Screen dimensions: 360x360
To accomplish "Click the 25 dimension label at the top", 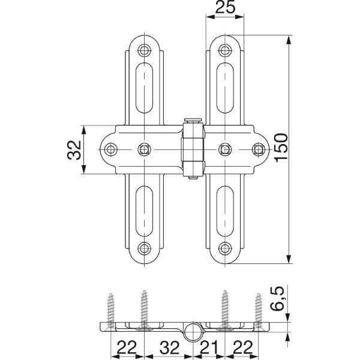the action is [x=225, y=7].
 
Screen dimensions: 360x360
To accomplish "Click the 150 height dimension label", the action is [x=281, y=148].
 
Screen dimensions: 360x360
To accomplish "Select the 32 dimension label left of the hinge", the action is [x=74, y=150].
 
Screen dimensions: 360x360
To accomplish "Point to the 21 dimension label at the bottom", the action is [x=209, y=347].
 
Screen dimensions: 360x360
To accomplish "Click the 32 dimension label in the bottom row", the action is [x=169, y=347].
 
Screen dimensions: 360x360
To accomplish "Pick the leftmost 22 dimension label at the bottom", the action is [x=127, y=347].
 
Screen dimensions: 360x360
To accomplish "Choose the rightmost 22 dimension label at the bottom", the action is [x=242, y=347].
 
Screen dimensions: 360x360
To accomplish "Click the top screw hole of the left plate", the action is [x=144, y=50].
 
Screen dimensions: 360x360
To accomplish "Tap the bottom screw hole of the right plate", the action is [x=225, y=248].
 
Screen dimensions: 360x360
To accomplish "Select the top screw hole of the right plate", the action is [x=225, y=50].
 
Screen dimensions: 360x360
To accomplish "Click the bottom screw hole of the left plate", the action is [x=144, y=248].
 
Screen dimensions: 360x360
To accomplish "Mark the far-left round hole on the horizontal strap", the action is [x=111, y=149].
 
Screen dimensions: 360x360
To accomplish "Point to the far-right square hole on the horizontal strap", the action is [x=259, y=149].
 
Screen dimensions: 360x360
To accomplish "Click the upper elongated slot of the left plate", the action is [x=144, y=88].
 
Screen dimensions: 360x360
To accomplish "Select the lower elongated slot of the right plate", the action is [x=225, y=211].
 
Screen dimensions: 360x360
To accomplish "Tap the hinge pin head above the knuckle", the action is [x=193, y=121].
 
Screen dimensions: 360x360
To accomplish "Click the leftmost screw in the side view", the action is [x=111, y=310].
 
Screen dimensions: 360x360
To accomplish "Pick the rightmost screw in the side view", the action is [x=259, y=310].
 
